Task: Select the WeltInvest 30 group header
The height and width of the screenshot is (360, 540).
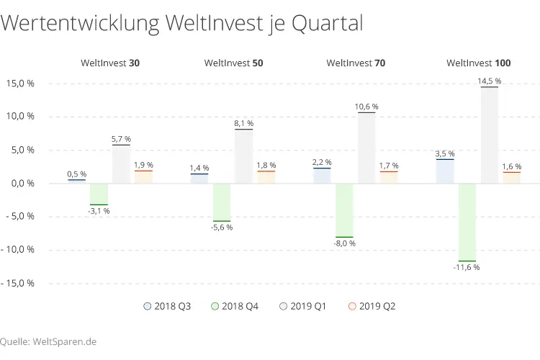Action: (109, 63)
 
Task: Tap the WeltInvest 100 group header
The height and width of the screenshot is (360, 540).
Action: (479, 63)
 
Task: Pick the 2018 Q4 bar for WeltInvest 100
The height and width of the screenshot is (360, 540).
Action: (467, 222)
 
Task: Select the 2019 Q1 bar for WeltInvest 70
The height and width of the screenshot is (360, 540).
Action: (366, 148)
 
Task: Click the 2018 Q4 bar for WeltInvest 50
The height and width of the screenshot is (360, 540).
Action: (221, 202)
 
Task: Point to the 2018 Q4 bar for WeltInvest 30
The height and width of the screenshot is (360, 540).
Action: (99, 194)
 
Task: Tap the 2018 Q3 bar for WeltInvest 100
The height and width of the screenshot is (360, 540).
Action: (445, 171)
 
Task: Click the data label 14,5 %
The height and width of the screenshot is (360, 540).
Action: (490, 81)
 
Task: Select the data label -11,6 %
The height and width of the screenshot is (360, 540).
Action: (467, 267)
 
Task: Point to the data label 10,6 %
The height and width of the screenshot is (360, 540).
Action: (366, 107)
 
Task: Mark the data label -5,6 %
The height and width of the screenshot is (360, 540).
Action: (221, 227)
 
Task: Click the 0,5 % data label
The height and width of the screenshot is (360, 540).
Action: (76, 174)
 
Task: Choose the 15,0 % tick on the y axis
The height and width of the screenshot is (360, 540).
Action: (20, 84)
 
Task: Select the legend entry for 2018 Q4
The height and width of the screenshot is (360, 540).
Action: (234, 306)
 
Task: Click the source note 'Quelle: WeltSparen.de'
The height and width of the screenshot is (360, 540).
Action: (48, 341)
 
